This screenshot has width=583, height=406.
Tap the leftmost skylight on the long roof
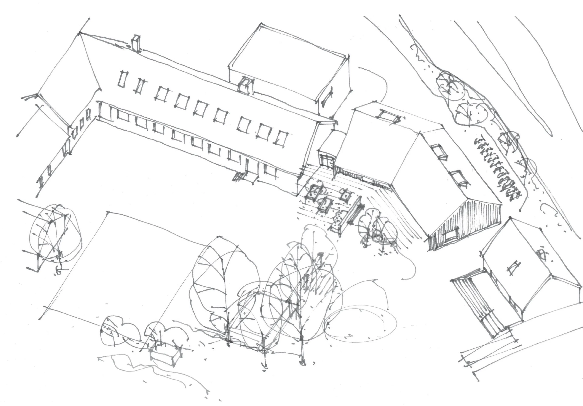point(123,79)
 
